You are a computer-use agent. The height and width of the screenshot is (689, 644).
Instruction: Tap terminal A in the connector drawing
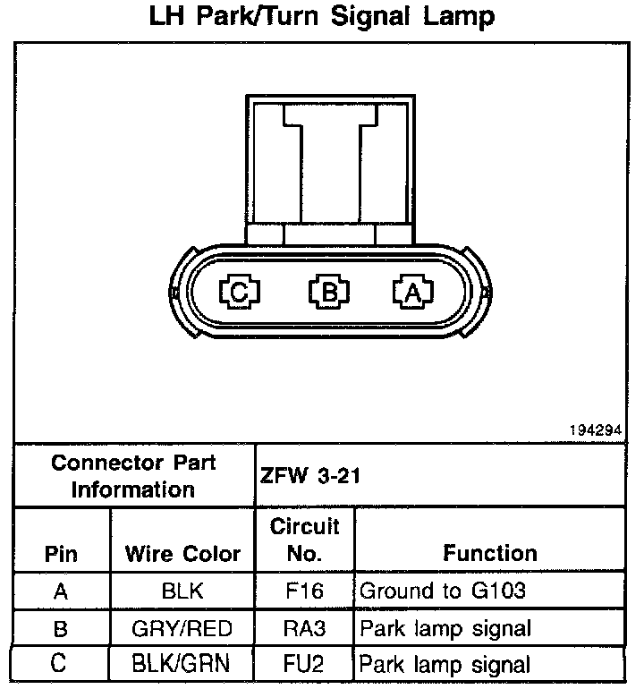point(411,291)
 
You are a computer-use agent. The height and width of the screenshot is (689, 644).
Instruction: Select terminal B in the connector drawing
point(328,291)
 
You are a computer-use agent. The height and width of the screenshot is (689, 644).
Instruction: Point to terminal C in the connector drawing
point(240,291)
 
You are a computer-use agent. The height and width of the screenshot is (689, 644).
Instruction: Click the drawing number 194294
point(594,430)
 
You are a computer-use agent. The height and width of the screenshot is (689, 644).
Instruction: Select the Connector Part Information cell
point(133,476)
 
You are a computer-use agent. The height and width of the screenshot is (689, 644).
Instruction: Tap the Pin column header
point(60,554)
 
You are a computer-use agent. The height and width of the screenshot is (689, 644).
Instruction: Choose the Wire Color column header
point(182,554)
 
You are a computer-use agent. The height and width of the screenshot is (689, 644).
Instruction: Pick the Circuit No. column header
point(304,540)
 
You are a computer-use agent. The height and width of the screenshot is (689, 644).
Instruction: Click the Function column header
point(490,554)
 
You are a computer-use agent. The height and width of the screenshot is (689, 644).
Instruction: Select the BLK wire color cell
point(182,591)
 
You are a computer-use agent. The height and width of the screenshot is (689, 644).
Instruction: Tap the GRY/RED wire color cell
point(182,628)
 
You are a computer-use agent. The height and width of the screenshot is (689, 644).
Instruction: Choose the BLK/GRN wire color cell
point(182,665)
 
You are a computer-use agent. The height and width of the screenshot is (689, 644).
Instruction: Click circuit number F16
point(304,591)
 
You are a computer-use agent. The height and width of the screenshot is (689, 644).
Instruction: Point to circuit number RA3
point(304,628)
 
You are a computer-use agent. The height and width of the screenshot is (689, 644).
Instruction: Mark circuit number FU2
point(304,665)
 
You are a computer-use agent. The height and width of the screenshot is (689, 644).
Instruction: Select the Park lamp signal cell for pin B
point(445,628)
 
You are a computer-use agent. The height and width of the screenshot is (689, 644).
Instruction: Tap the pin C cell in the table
point(60,665)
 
